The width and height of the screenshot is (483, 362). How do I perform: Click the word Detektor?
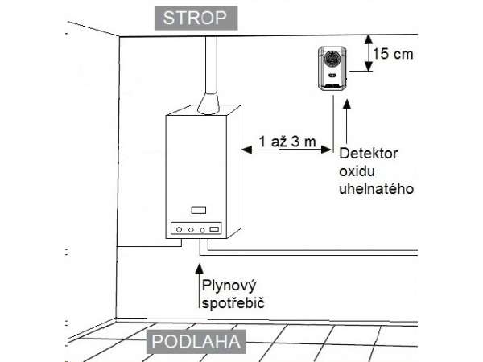click(369, 154)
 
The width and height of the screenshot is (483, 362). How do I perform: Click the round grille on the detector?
click(332, 60)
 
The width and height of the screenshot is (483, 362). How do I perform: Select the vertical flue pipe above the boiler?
click(212, 68)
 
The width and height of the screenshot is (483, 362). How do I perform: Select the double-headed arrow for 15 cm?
click(368, 53)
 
